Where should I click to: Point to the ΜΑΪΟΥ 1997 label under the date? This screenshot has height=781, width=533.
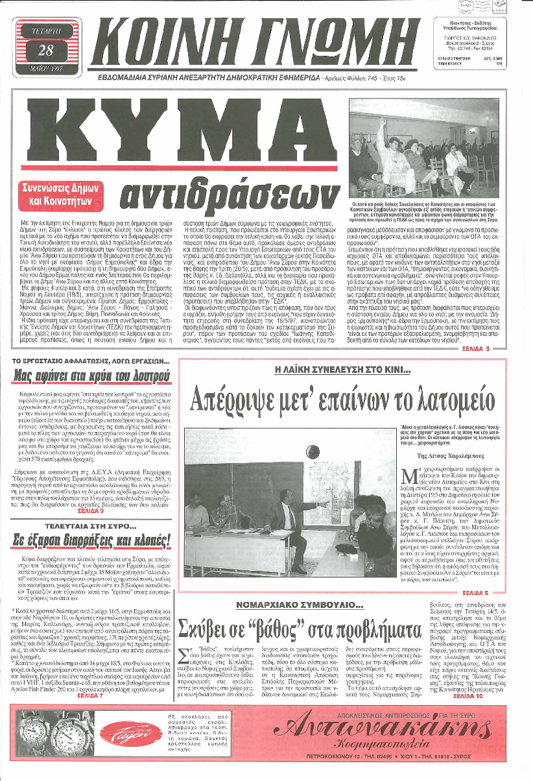click(x=49, y=68)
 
